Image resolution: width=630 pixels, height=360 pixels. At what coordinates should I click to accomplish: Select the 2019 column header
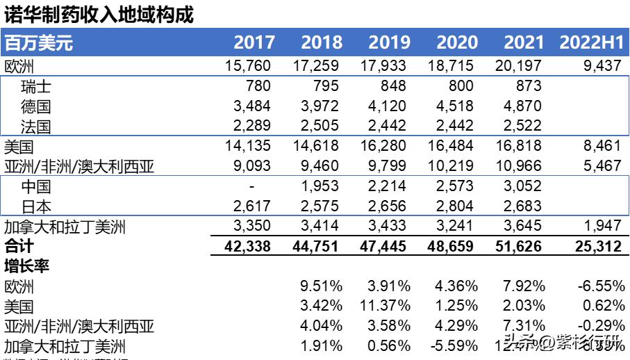pos(389,43)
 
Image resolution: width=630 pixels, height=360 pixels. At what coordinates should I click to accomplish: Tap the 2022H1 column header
pos(592,43)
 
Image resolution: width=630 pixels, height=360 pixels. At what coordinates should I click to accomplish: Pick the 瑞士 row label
pos(36,87)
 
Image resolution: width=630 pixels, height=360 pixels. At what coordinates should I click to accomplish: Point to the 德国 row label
pos(36,107)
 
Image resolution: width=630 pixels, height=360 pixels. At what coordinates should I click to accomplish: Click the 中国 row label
pos(36,187)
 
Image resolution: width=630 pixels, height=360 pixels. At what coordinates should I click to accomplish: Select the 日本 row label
pos(36,207)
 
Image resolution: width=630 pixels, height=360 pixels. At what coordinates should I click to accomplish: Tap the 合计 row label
pos(19,247)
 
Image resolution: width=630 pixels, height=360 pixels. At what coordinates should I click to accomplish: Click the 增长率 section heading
pos(26,266)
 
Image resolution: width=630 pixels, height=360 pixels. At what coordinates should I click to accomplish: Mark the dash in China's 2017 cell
pos(252,187)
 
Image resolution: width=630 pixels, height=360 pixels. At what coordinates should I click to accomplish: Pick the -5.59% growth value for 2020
pos(455,346)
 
